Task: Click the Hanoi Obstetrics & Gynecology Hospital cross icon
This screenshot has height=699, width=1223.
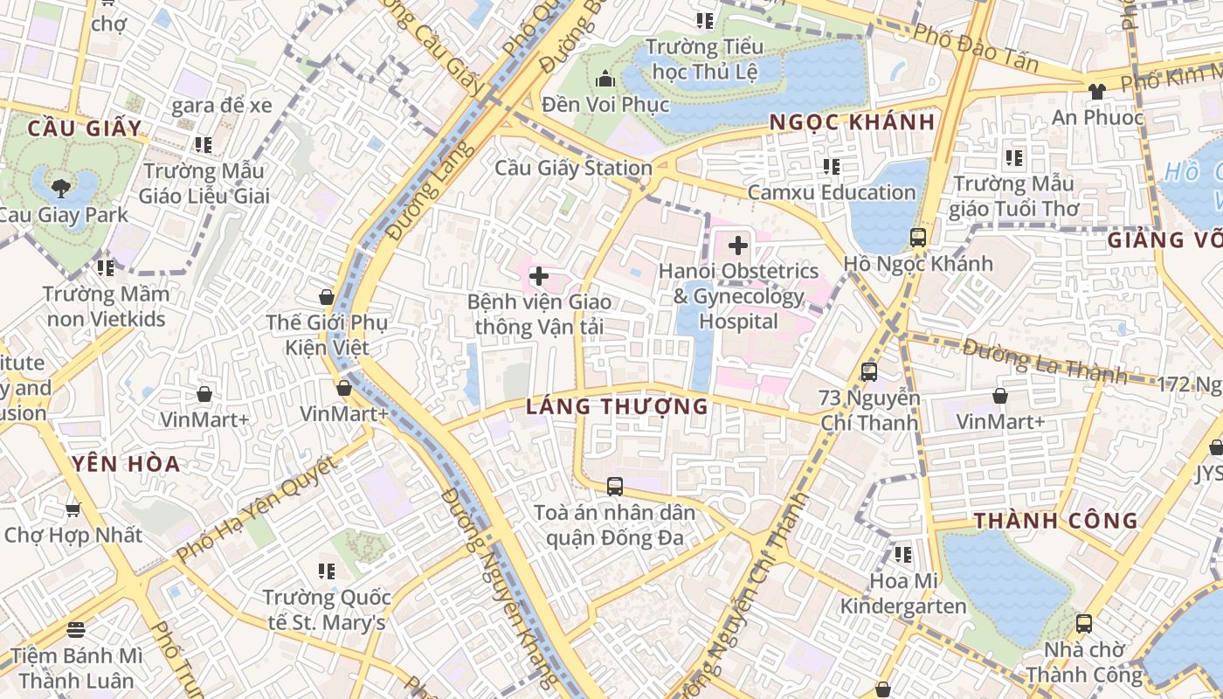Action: coord(738,246)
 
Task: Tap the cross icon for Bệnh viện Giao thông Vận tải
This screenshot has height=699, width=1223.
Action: coord(539,277)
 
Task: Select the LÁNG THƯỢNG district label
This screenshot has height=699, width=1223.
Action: coord(617,406)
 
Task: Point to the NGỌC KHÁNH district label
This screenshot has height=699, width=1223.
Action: coord(852,122)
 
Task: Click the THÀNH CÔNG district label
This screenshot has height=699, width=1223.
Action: coord(1055,522)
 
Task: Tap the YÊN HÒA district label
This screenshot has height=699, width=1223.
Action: coord(127,464)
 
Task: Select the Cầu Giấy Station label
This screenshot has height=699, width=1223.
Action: coord(574,168)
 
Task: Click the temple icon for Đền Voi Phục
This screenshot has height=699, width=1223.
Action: coord(605,80)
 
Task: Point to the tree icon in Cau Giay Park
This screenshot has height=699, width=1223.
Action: coord(61,186)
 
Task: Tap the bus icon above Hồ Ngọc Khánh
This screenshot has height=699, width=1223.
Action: coord(917,237)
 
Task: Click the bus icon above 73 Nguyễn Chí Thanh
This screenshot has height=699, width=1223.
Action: coord(868,372)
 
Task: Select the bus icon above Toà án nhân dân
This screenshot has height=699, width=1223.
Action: coord(615,487)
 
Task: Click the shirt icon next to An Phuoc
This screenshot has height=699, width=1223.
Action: coord(1097,91)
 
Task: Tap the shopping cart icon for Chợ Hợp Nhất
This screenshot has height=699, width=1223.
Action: coord(73,509)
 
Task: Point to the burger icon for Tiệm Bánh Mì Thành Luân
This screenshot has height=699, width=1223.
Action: coord(75,629)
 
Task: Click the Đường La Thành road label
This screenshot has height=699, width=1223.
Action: coord(1045,361)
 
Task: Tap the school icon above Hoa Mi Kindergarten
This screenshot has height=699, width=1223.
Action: coord(903,555)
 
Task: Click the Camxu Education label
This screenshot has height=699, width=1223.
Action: coord(831,192)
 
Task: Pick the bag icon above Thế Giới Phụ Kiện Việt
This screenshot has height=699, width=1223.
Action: coord(327,297)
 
